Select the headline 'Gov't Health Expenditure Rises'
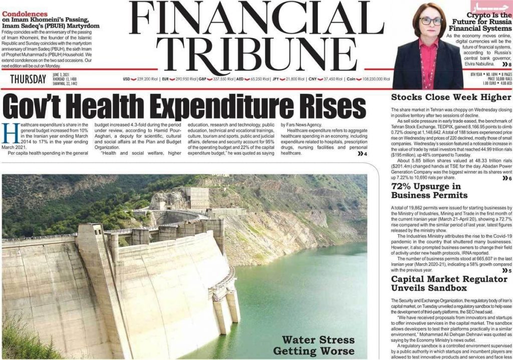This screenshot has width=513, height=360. [184, 107]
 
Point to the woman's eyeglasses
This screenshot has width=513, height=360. [431, 22]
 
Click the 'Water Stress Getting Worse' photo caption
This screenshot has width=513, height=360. [318, 345]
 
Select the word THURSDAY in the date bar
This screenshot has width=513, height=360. [29, 79]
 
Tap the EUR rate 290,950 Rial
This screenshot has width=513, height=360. [186, 79]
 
